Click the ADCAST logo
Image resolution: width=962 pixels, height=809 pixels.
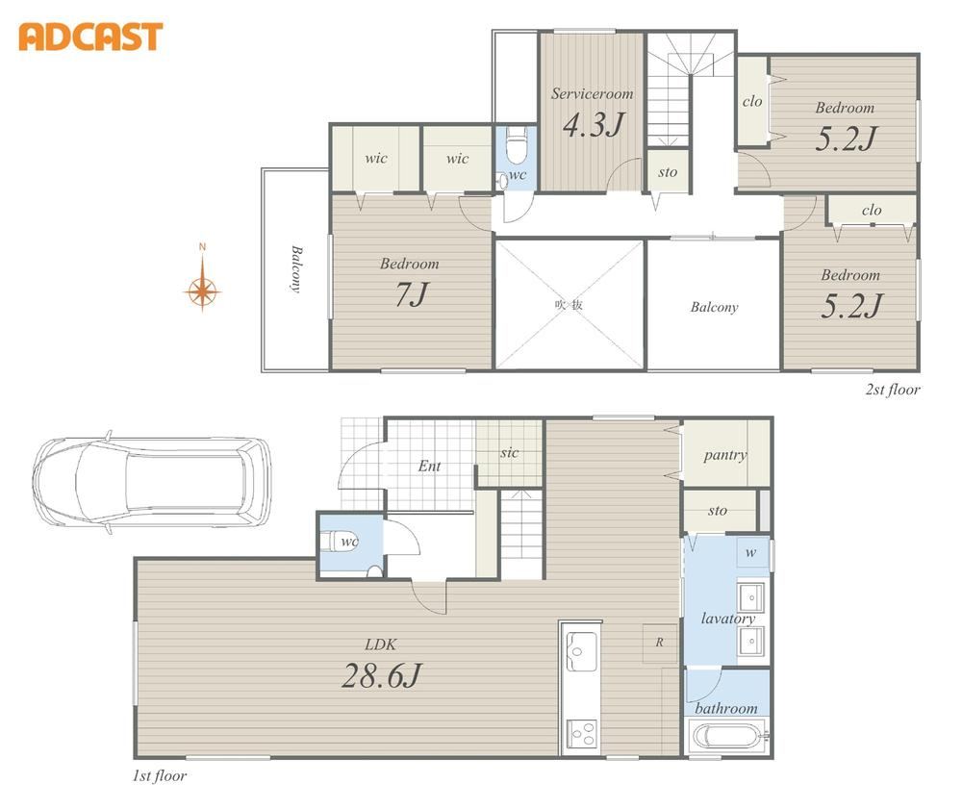click(x=90, y=37)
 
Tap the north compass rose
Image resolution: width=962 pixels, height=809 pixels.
click(x=202, y=289)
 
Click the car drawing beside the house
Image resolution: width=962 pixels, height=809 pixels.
click(x=152, y=483)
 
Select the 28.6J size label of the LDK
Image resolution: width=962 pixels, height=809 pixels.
click(x=382, y=676)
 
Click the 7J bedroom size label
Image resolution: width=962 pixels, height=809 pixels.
click(x=412, y=294)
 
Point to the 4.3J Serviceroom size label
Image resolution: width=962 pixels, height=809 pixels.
click(x=593, y=124)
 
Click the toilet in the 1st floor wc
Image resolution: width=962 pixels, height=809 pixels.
click(x=337, y=543)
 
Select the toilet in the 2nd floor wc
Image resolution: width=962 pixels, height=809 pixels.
click(x=517, y=146)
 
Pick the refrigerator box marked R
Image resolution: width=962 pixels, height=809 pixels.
click(x=660, y=643)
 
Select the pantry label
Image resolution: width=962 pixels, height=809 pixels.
click(x=725, y=454)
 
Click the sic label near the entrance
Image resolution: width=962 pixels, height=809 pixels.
click(x=509, y=453)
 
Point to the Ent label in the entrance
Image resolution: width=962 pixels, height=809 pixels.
click(x=429, y=467)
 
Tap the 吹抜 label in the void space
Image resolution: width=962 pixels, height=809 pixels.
click(x=569, y=305)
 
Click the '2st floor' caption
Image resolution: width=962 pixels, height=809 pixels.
click(x=893, y=390)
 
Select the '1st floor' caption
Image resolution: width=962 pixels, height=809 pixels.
click(x=160, y=776)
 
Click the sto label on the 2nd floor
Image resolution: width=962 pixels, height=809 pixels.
click(x=668, y=172)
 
